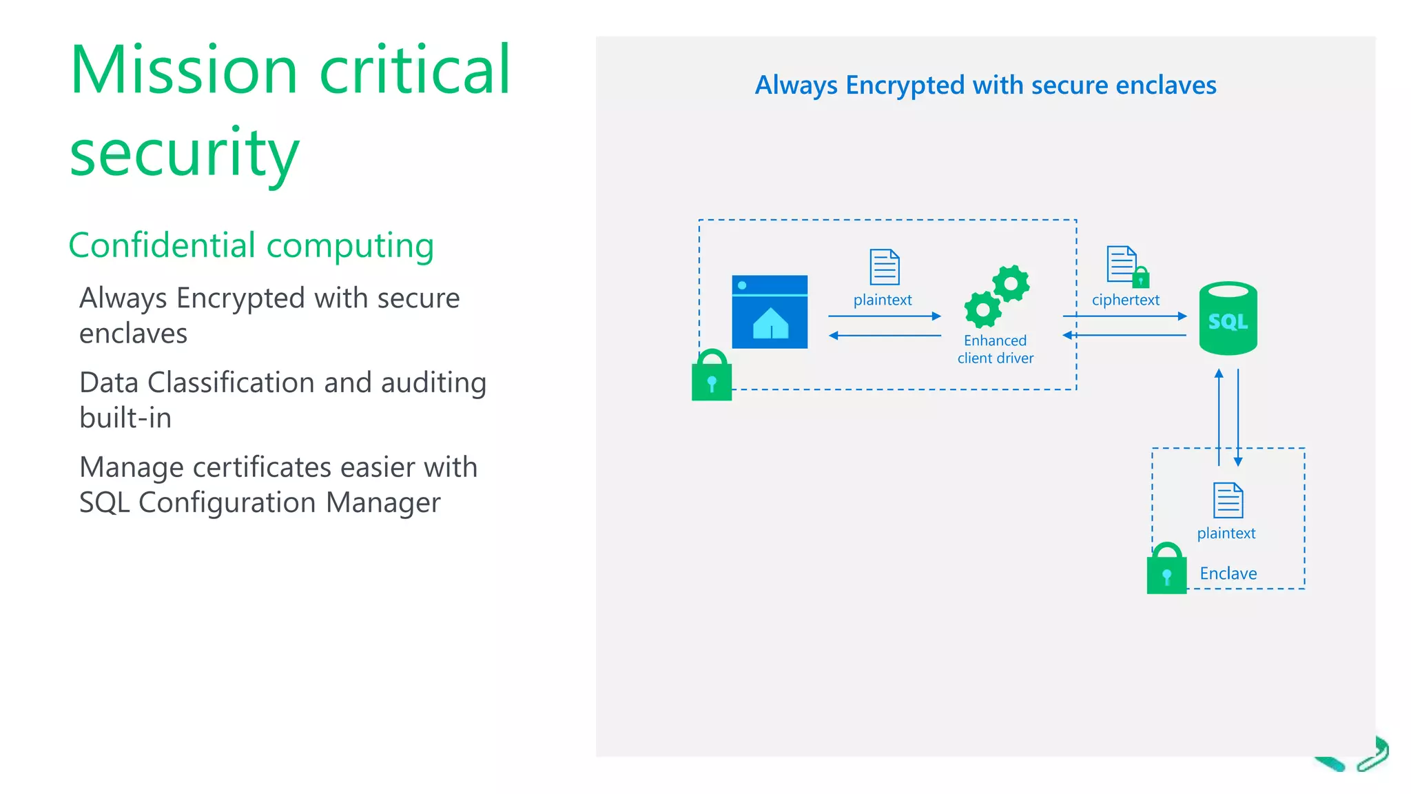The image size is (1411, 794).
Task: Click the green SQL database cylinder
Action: pos(1228,318)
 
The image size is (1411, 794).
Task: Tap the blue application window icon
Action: pos(770,312)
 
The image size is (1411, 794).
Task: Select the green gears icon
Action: pos(997,296)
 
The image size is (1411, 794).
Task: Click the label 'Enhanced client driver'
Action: pos(995,349)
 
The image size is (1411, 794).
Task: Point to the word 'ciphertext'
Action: pos(1125,300)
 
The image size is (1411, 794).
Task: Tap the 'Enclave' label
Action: pos(1228,573)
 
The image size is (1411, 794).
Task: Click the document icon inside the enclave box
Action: pos(1228,500)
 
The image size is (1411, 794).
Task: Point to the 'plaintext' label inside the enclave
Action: pos(1226,533)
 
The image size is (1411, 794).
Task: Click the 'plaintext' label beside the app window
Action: pos(882,300)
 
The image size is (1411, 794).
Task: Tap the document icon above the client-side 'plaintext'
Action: pos(885,267)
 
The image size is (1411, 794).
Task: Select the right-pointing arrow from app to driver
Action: pos(885,316)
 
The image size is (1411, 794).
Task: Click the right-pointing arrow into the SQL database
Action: pos(1124,316)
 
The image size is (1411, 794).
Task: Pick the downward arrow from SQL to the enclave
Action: pos(1238,418)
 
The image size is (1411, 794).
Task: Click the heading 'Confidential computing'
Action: pos(251,245)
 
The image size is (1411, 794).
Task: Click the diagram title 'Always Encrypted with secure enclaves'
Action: pos(985,85)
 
